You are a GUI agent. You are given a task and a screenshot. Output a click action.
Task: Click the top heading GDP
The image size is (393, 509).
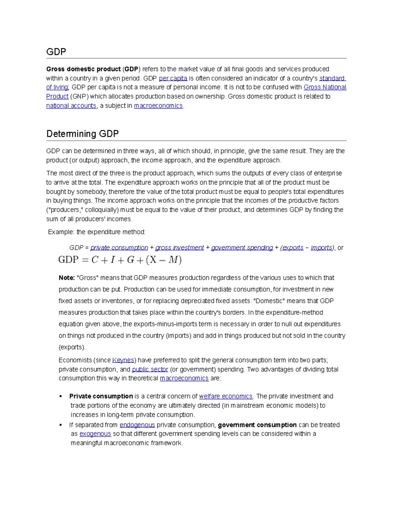click(x=56, y=52)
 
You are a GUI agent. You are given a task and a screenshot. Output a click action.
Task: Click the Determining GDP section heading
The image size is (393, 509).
click(x=83, y=134)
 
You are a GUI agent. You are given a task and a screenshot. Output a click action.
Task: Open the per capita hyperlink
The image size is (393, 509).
click(x=173, y=78)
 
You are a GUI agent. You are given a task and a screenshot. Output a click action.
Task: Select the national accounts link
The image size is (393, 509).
click(x=71, y=106)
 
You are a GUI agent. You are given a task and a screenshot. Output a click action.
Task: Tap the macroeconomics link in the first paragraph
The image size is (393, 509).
click(x=158, y=106)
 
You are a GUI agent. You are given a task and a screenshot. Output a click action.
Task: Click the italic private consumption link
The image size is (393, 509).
click(x=119, y=248)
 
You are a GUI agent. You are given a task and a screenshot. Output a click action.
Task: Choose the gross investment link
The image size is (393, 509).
click(x=179, y=248)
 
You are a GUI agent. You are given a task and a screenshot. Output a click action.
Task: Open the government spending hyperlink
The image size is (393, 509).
click(x=242, y=248)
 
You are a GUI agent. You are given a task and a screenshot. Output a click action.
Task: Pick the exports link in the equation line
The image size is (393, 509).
click(x=293, y=248)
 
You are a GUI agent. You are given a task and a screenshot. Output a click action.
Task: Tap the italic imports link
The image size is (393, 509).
click(x=321, y=248)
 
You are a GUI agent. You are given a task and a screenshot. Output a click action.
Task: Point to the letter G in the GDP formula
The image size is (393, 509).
click(x=130, y=260)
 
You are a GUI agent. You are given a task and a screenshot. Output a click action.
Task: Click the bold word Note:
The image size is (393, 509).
click(x=67, y=278)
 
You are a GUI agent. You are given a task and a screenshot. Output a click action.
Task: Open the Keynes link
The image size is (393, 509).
click(x=123, y=360)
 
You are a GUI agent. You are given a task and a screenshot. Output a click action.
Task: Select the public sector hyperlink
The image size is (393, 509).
click(x=150, y=369)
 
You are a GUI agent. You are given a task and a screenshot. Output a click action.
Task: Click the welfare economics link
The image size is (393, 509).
click(x=226, y=396)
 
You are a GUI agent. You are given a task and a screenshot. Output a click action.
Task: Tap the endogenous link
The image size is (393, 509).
click(x=137, y=425)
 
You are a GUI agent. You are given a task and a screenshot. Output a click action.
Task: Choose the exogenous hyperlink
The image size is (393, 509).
click(x=95, y=434)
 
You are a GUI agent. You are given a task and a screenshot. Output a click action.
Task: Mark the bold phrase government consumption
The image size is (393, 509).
click(x=257, y=425)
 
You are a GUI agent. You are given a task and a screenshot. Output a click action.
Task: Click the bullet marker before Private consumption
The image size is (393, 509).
click(x=61, y=396)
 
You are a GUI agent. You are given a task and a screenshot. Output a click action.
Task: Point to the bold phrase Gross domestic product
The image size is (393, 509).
click(x=84, y=69)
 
